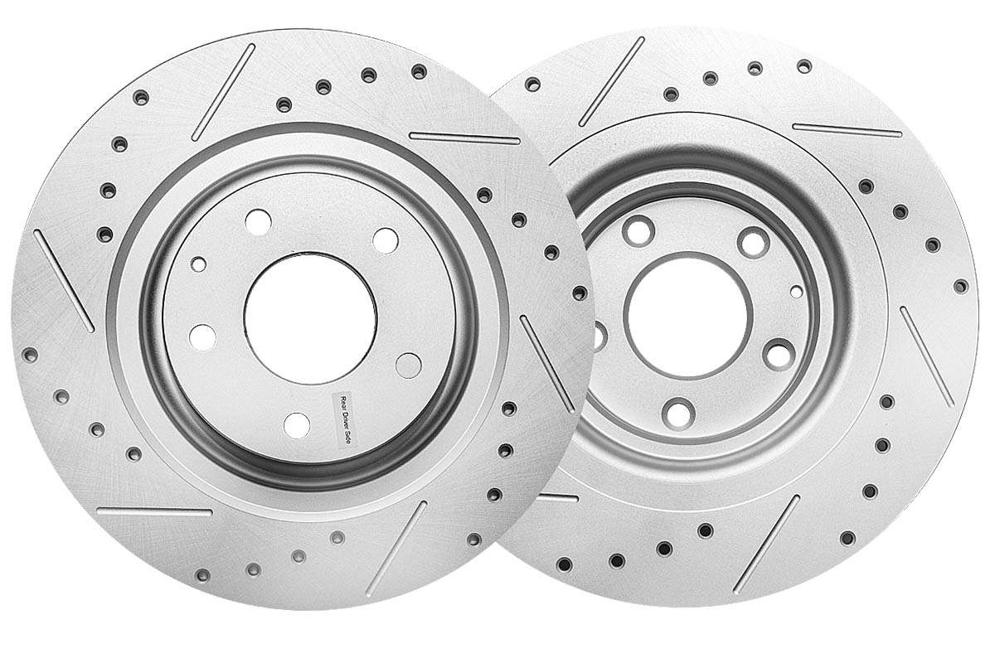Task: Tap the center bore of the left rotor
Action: click(310, 318)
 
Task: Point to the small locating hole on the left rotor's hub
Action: click(198, 264)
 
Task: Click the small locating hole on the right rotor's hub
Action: click(797, 292)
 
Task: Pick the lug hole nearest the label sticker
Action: click(297, 425)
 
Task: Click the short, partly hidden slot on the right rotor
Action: click(558, 498)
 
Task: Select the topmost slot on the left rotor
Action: click(223, 92)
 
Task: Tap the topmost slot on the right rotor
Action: click(611, 82)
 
